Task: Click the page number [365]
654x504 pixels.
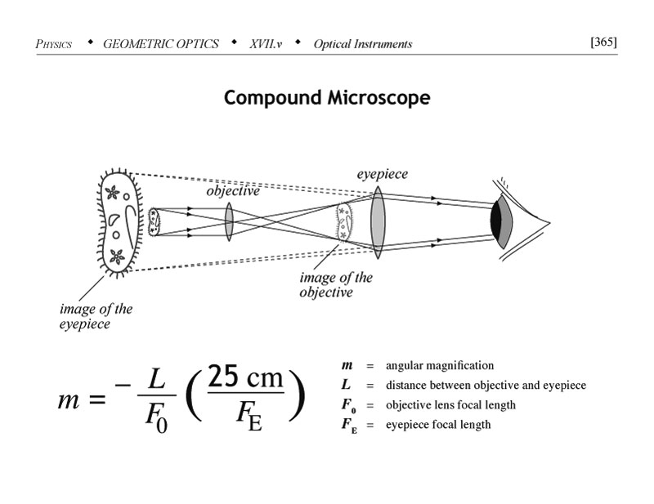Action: tap(603, 42)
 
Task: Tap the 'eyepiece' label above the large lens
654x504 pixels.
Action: tap(382, 174)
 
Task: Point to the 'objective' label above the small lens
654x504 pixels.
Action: tap(232, 191)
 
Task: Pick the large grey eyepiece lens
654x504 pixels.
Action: tap(377, 222)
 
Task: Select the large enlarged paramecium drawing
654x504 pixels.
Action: tap(121, 221)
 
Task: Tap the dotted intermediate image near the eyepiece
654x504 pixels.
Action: tap(346, 221)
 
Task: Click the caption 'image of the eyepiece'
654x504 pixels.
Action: tap(96, 316)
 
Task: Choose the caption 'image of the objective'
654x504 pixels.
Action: tap(336, 284)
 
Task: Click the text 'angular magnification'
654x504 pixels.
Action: tap(439, 365)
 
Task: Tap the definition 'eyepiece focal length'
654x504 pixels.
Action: tap(438, 425)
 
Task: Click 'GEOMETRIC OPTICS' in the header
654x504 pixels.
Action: tap(161, 44)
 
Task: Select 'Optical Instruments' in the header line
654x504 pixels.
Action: tap(363, 44)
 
